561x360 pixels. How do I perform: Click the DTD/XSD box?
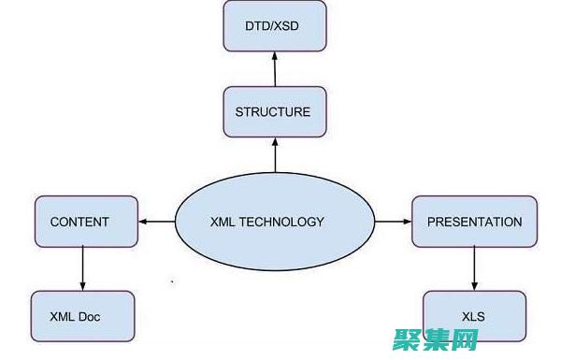point(274,26)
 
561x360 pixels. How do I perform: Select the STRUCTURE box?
point(273,112)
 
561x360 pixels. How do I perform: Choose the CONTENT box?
point(79,222)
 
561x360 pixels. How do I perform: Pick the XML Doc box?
point(81,316)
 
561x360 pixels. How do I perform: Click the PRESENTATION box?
point(474,222)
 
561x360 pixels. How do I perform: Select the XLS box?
point(473,316)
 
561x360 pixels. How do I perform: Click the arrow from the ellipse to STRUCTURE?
point(275,154)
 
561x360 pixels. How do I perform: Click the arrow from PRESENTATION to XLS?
point(474,268)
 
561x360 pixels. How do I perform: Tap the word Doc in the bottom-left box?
point(90,317)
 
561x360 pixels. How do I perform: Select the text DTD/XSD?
point(273,26)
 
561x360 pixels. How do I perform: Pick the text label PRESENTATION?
point(474,222)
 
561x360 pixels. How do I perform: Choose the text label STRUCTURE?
point(273,112)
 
